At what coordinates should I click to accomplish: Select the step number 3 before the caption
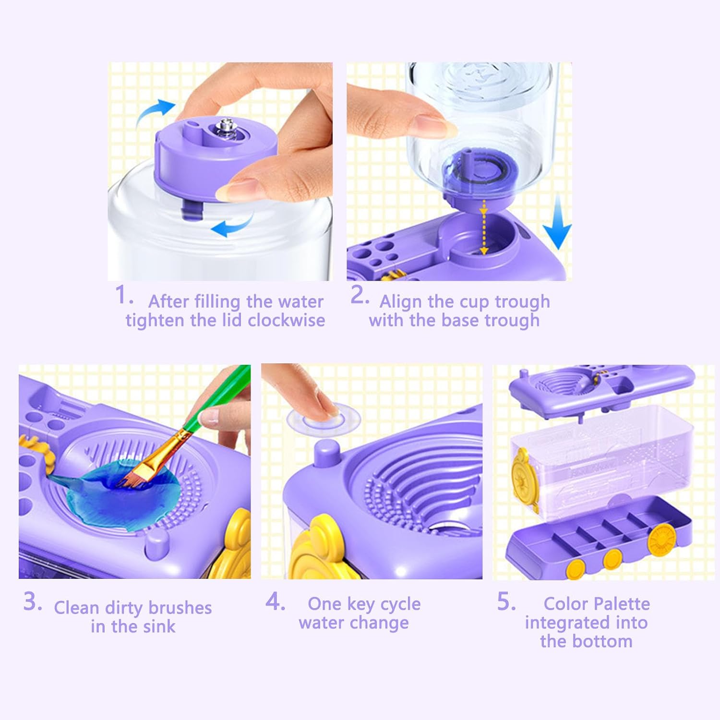click(x=33, y=601)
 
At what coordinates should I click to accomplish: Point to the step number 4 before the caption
click(x=275, y=601)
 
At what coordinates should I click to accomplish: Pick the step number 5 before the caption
click(x=506, y=601)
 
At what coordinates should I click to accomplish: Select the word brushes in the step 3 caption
click(x=180, y=608)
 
